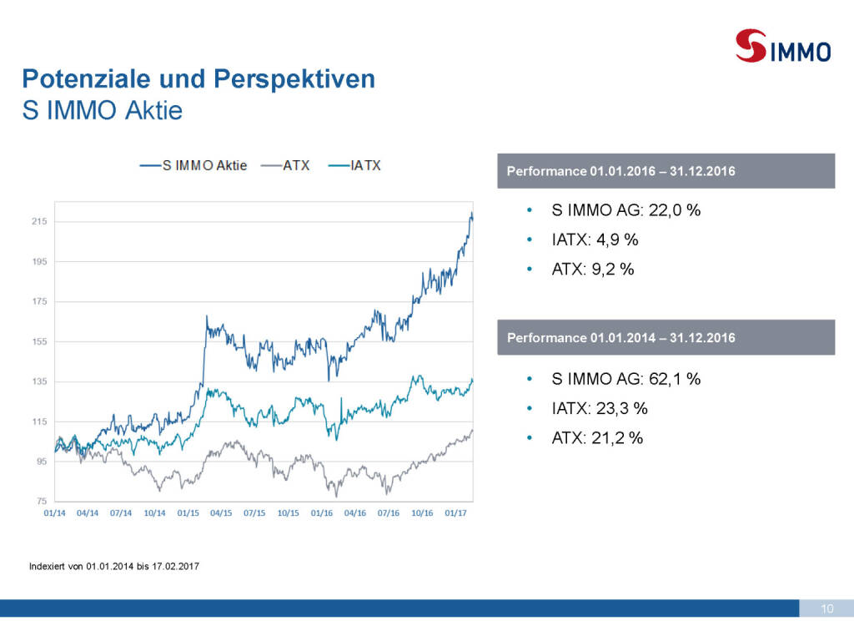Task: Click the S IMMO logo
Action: point(783,46)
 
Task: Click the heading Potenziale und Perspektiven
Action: point(198,79)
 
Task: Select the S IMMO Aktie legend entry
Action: point(193,165)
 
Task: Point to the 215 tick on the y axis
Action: point(39,221)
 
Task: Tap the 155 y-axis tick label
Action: point(39,341)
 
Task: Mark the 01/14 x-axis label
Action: point(54,513)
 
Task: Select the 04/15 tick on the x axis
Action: point(221,513)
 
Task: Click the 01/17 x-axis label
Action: point(455,513)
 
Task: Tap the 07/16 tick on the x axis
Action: point(389,513)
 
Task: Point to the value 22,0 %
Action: point(674,209)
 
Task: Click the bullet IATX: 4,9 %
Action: point(595,240)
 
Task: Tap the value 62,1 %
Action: point(674,379)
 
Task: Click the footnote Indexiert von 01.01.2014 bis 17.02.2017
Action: point(114,567)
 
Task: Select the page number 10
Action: point(827,608)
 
